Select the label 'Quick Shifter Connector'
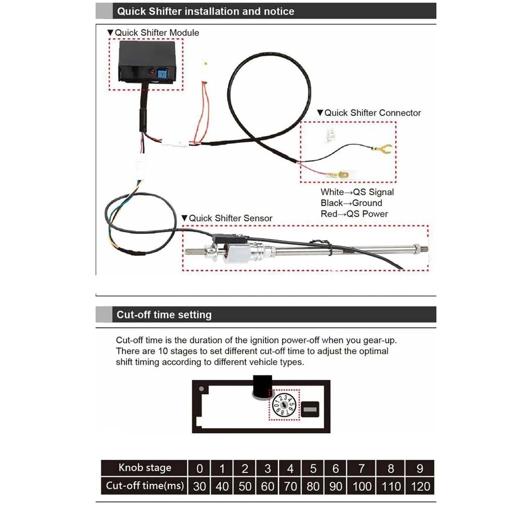pos(373,113)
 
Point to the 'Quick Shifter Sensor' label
pos(230,218)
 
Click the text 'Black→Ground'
pos(351,203)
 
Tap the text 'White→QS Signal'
pos(357,192)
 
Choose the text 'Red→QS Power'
pos(354,214)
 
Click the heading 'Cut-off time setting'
pos(164,315)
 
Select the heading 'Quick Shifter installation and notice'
pos(206,11)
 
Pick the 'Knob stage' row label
pos(144,468)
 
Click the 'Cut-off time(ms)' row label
pos(144,486)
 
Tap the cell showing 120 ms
pos(420,486)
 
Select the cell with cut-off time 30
pos(199,486)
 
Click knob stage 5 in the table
pos(313,469)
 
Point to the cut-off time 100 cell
pos(362,486)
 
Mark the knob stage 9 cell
pos(420,469)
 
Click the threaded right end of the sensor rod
pos(421,248)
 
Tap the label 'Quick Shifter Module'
pos(156,33)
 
